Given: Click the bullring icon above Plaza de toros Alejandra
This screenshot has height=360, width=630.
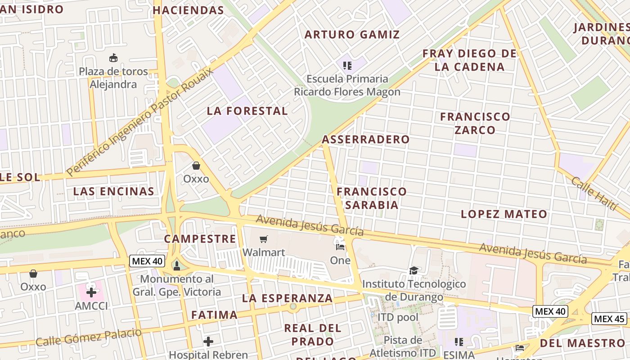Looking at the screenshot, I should [x=113, y=58].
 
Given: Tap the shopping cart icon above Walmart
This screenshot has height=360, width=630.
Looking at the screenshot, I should [x=264, y=238].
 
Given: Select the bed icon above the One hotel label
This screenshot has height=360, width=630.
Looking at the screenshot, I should [x=340, y=246].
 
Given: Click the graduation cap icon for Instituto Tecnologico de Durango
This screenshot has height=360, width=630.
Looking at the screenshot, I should [x=414, y=270].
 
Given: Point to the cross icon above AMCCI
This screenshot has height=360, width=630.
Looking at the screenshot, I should [x=91, y=292].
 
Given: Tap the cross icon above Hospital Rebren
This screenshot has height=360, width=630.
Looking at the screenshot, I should [x=208, y=342].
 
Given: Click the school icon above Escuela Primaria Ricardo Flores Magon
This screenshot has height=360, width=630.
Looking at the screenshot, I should [x=347, y=66].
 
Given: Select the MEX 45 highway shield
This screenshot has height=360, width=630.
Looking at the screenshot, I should [x=609, y=319].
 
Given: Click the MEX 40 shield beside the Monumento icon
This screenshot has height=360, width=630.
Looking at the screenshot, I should [x=147, y=261].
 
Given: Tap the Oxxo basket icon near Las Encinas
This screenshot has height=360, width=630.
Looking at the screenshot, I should [x=196, y=166].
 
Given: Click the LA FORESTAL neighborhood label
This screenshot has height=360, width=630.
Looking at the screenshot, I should [x=247, y=111].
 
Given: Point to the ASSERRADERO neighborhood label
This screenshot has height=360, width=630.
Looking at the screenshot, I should [x=366, y=139].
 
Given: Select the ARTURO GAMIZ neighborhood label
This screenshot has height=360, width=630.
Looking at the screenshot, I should [x=352, y=35].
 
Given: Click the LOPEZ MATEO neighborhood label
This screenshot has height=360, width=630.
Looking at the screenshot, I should [x=504, y=214].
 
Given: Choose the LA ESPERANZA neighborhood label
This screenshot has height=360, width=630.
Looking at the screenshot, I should [x=287, y=298].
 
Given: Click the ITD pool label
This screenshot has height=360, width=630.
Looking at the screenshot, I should [x=398, y=317].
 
